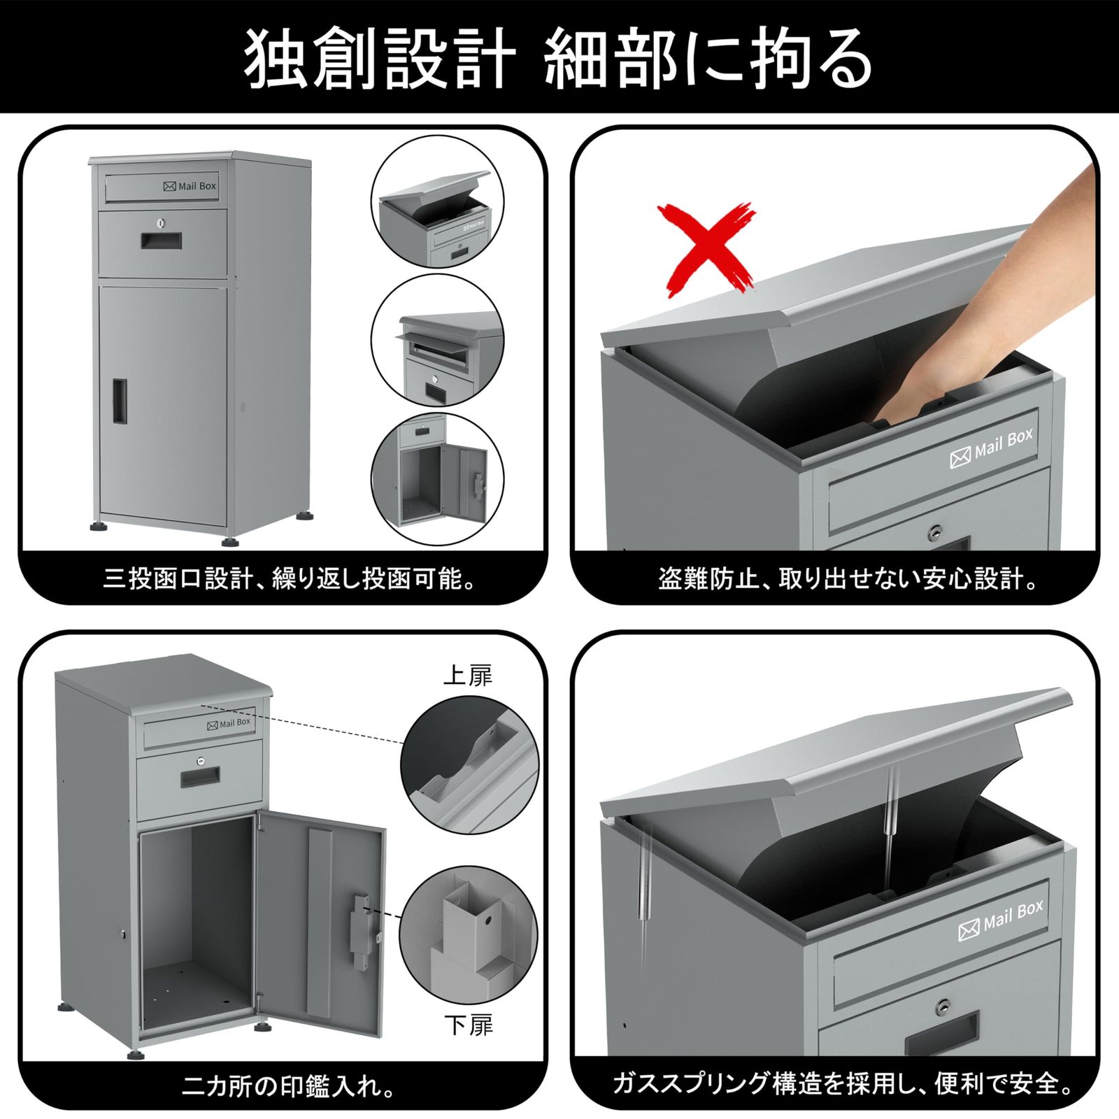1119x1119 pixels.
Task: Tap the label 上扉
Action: pyautogui.click(x=467, y=676)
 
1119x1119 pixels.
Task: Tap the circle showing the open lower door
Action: pyautogui.click(x=437, y=479)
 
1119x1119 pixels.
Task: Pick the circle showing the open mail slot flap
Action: pyautogui.click(x=437, y=341)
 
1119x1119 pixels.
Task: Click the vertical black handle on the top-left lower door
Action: pyautogui.click(x=120, y=401)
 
